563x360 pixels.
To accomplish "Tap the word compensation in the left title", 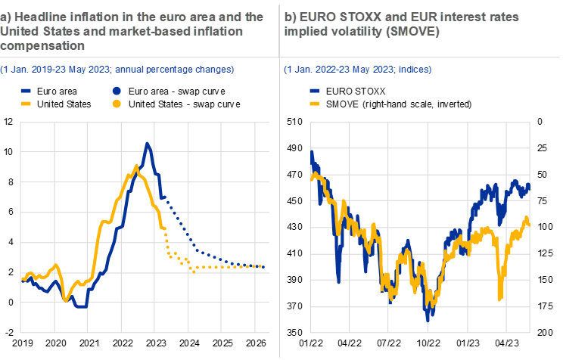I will (42, 45).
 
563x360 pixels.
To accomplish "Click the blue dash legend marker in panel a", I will (25, 91).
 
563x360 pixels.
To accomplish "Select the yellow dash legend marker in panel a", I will (25, 103).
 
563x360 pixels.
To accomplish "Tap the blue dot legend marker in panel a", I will (117, 91).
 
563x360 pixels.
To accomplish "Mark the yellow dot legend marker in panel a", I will (117, 103).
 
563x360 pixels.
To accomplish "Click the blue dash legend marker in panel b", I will (316, 91).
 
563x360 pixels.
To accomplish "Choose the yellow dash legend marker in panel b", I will (316, 103).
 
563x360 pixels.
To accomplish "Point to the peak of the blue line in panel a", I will (148, 143).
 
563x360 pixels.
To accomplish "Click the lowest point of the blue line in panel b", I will (428, 320).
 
